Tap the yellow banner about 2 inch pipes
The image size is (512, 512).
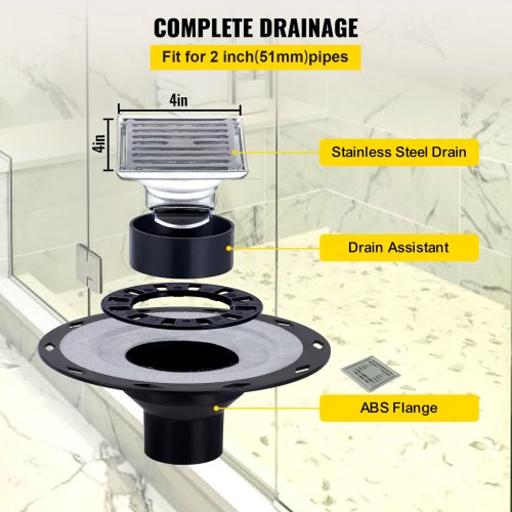coord(255,56)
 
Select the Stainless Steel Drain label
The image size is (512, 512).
coord(399,152)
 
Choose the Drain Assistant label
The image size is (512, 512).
coord(399,248)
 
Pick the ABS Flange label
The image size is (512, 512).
coord(399,408)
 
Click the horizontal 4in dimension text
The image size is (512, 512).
coord(179,100)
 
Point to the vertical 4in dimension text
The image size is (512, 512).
coord(101,144)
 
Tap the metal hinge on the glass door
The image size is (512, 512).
coord(89,267)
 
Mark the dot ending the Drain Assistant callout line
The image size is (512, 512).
coord(228,248)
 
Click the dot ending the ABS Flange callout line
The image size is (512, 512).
coord(217,408)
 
